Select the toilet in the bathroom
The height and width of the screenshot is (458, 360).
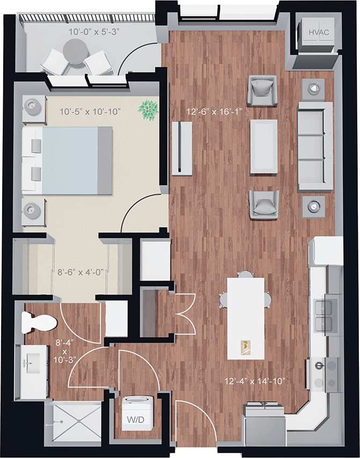[39, 323]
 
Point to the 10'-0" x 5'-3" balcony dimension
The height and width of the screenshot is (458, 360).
[93, 32]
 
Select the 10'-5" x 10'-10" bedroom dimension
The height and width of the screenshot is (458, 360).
[90, 111]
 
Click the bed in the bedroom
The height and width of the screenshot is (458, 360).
[68, 160]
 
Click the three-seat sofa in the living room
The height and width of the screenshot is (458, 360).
[315, 147]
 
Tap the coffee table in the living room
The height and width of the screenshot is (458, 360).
[263, 146]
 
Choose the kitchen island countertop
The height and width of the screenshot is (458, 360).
[246, 317]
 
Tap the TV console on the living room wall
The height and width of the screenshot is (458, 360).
[182, 147]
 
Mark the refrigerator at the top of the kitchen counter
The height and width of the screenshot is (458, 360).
[326, 251]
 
